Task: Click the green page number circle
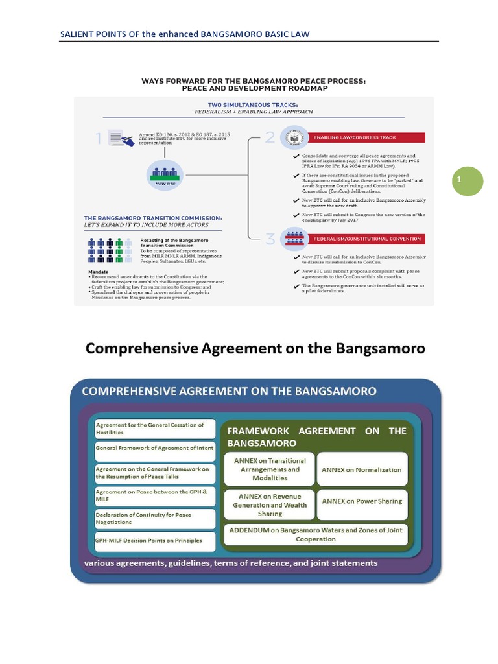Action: click(x=468, y=181)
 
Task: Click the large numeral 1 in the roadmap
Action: click(x=99, y=137)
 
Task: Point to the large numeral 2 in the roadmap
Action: click(x=270, y=137)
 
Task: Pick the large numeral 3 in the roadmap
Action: click(x=270, y=239)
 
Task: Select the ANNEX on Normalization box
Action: click(x=362, y=470)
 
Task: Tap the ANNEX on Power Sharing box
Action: click(x=362, y=501)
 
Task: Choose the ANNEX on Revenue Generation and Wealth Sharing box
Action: click(x=269, y=504)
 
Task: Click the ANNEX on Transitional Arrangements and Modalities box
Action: click(x=269, y=469)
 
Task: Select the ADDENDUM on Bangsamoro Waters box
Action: click(x=316, y=534)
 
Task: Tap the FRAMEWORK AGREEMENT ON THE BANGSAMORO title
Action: click(x=316, y=436)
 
